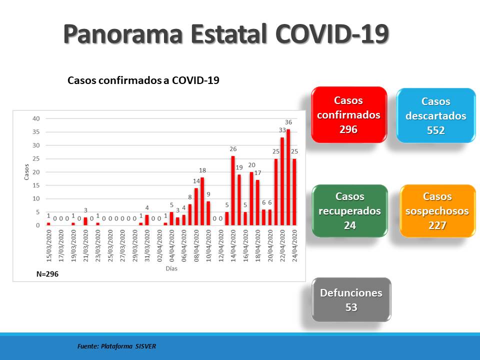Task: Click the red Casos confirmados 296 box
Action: (x=349, y=115)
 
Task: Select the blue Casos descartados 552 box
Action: (x=436, y=115)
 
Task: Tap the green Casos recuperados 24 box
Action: (x=350, y=211)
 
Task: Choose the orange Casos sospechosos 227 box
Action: (x=437, y=211)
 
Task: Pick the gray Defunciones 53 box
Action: (x=351, y=299)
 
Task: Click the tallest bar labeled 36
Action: (x=288, y=177)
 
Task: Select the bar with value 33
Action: (x=282, y=181)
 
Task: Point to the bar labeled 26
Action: (x=233, y=190)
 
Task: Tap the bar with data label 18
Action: (x=202, y=201)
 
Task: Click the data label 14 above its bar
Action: (x=196, y=181)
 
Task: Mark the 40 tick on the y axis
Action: (x=36, y=118)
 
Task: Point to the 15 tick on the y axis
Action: (x=36, y=185)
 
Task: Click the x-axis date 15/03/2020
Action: (x=49, y=246)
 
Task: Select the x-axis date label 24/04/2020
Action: (x=295, y=246)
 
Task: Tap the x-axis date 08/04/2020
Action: (x=196, y=246)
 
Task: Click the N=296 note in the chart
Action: (x=47, y=274)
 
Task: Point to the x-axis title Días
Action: (x=171, y=268)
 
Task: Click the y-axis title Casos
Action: (x=26, y=171)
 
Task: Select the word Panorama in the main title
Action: (x=123, y=33)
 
